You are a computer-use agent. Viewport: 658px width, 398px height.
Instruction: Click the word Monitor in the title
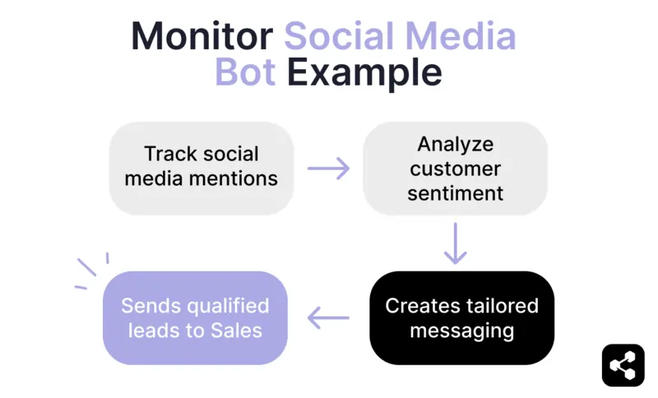[x=202, y=36]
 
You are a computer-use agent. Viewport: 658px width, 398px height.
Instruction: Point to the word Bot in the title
[x=246, y=73]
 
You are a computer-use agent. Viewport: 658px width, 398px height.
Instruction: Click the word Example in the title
[x=364, y=73]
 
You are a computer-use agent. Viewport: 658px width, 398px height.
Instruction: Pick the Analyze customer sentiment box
[x=455, y=169]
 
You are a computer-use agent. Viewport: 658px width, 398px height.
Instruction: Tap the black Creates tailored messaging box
[x=461, y=318]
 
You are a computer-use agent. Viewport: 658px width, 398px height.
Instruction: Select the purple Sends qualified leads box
[x=195, y=318]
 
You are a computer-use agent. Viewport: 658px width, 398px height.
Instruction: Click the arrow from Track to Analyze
[x=328, y=169]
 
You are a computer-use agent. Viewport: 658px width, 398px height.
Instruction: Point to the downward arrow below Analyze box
[x=455, y=243]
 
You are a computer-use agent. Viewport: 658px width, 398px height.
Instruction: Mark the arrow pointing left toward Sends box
[x=328, y=318]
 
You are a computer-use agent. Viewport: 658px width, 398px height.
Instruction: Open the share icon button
[x=623, y=365]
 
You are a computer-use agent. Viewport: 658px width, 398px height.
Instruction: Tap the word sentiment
[x=455, y=194]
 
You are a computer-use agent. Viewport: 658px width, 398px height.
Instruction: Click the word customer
[x=455, y=169]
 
